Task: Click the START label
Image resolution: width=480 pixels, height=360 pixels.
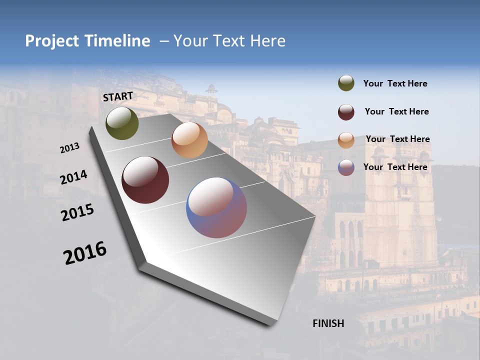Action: (118, 96)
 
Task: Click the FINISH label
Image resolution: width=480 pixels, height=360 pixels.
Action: (328, 323)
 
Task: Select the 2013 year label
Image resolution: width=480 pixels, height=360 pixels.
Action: (70, 148)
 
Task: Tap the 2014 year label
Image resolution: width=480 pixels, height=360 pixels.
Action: (73, 177)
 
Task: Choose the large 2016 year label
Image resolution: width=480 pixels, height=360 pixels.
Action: (85, 253)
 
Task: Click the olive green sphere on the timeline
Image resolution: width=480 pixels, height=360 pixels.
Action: (122, 123)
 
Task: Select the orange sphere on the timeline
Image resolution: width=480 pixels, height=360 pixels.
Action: (189, 140)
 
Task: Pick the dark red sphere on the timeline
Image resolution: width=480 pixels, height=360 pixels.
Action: (145, 180)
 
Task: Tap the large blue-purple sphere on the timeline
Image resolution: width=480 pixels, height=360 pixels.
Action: (216, 207)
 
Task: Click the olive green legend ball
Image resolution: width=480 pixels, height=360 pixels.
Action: (346, 83)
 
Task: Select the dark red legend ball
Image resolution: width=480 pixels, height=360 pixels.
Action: (346, 112)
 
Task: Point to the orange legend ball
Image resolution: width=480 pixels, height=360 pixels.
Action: (346, 140)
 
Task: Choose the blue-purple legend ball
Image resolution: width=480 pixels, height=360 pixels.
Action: (346, 167)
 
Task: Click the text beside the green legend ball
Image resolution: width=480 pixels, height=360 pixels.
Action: (395, 84)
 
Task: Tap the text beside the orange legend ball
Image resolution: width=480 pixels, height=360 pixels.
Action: (397, 139)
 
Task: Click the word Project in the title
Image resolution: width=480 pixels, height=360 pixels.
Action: (51, 41)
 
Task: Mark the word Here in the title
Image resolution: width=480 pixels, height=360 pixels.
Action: (267, 41)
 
